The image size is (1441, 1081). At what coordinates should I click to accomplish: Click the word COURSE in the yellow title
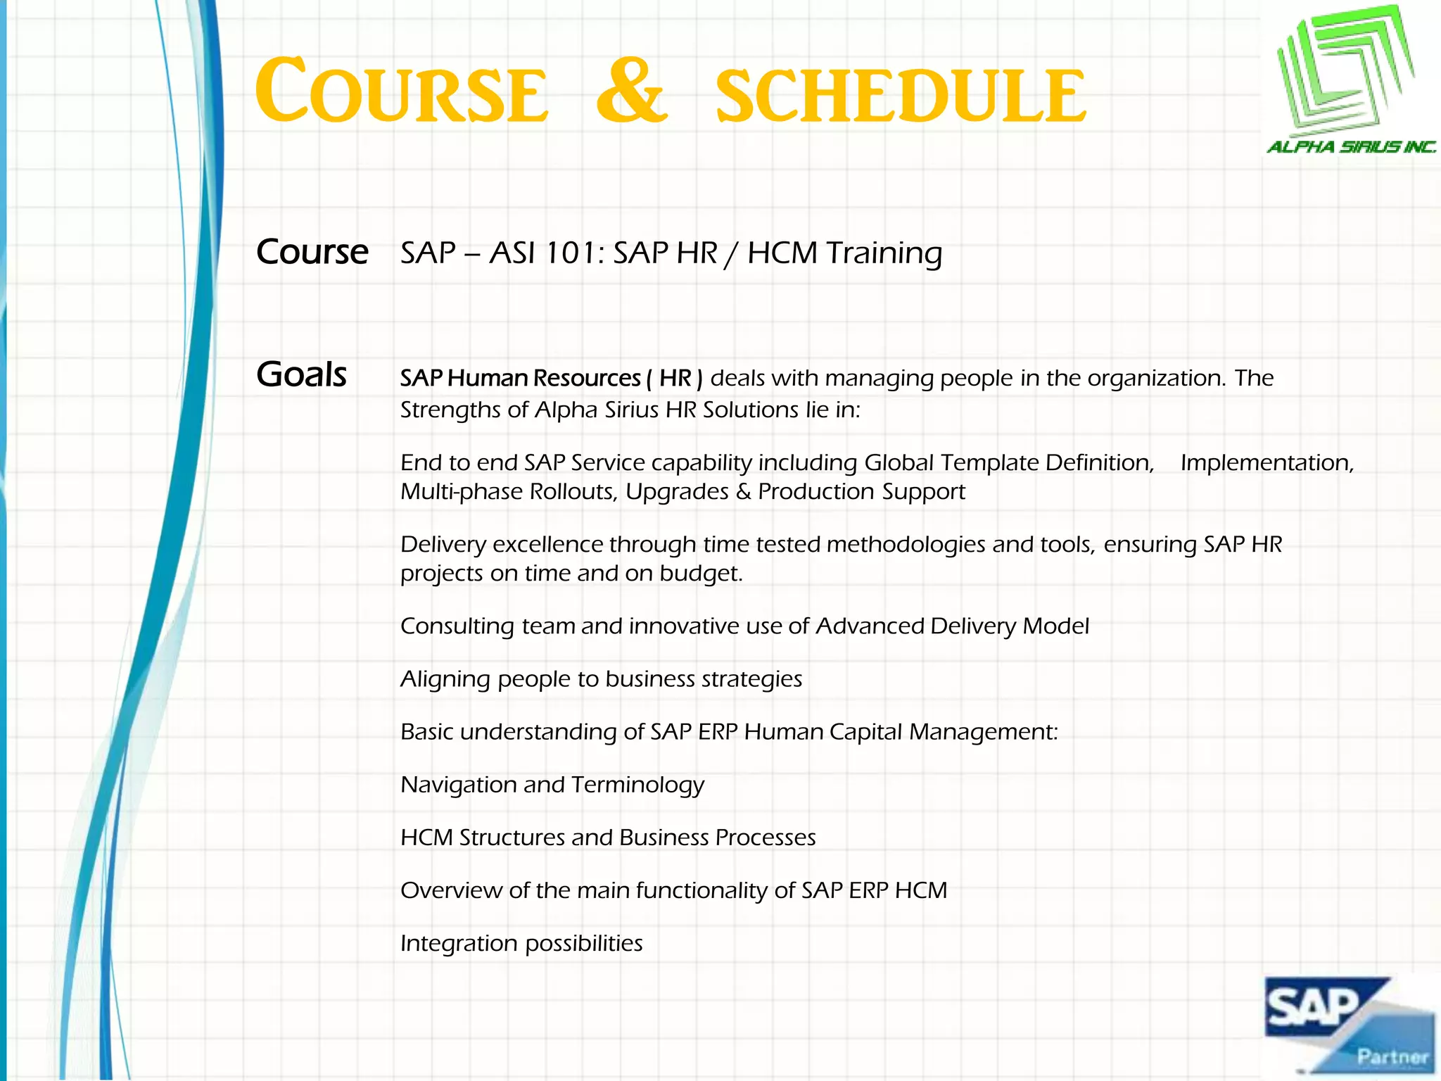(402, 92)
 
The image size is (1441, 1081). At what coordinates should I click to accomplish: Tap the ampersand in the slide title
(631, 92)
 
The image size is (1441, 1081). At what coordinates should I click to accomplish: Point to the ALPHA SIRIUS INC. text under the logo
(1351, 147)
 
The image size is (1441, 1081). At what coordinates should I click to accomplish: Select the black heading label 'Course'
(312, 252)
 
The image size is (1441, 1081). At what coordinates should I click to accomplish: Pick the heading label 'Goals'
(301, 374)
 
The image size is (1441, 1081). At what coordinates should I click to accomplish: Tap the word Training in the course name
(884, 253)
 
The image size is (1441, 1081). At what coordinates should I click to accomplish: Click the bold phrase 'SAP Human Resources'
(520, 379)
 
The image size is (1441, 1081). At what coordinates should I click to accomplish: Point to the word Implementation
(1267, 463)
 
